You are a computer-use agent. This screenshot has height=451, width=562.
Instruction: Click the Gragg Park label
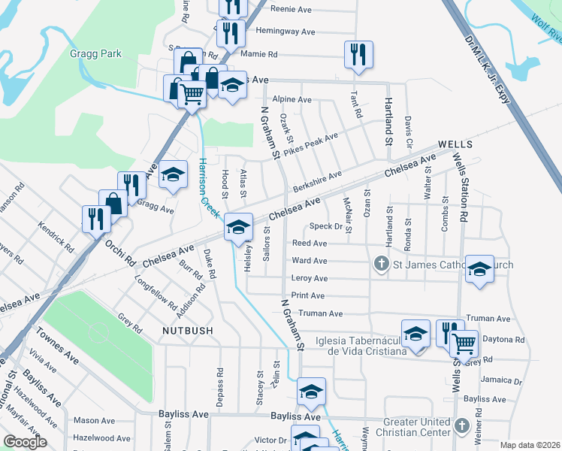[95, 54]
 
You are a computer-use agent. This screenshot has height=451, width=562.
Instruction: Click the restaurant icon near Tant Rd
[358, 54]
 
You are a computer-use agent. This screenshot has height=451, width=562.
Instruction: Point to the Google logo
[24, 442]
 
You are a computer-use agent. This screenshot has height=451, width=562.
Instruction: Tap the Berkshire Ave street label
[317, 180]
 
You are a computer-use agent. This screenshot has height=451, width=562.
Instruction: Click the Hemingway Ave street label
[286, 32]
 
